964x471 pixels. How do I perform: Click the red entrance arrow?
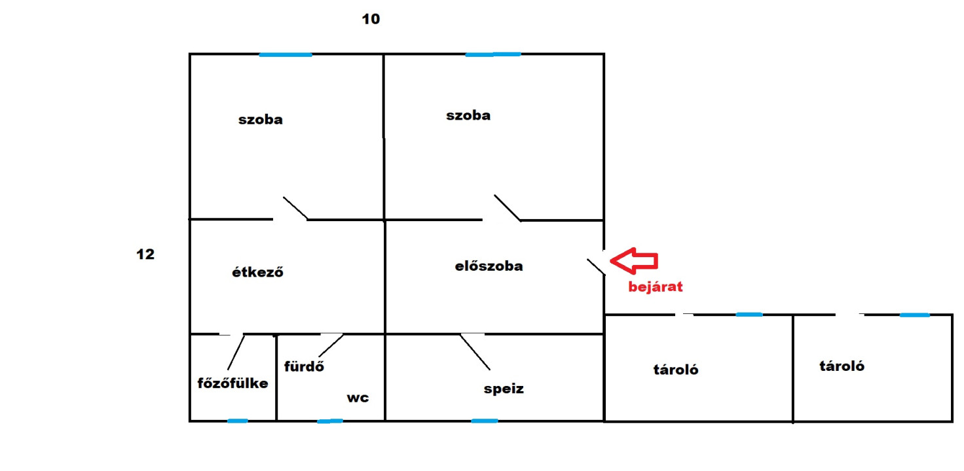(x=634, y=261)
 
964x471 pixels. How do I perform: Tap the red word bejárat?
(x=656, y=287)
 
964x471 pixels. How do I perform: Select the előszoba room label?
(x=489, y=266)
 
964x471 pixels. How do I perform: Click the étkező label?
(x=258, y=272)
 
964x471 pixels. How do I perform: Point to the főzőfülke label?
(x=233, y=383)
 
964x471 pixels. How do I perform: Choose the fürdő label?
(x=304, y=366)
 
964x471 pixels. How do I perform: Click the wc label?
(x=358, y=398)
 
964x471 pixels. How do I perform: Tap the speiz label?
(x=504, y=389)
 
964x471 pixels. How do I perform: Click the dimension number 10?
(x=371, y=19)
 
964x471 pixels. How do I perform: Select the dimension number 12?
(x=145, y=254)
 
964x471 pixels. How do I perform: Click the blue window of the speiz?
(x=485, y=421)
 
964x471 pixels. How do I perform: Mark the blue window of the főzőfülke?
(x=238, y=421)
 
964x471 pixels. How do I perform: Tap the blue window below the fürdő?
(x=330, y=421)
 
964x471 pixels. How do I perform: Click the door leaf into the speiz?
(x=475, y=352)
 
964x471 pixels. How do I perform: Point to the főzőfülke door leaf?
(x=236, y=353)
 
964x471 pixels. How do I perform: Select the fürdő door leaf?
(x=331, y=345)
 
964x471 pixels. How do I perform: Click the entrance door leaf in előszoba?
(x=596, y=267)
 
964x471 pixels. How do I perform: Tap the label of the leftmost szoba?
(x=261, y=120)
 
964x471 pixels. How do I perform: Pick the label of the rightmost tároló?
(x=842, y=366)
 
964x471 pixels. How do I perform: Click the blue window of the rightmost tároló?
(x=914, y=315)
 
